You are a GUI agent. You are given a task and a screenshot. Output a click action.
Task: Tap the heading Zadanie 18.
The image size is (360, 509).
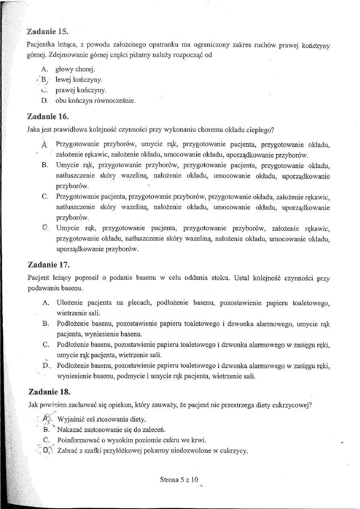[50, 391]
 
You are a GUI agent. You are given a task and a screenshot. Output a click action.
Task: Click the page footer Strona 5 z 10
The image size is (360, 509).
[179, 480]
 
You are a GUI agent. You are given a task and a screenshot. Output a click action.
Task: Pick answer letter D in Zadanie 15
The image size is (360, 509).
[45, 101]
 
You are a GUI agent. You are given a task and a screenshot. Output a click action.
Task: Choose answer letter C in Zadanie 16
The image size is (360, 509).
[45, 197]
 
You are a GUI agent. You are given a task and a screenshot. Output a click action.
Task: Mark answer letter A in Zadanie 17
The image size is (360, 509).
[46, 302]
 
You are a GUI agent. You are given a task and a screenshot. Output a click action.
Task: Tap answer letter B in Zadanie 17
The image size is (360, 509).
[45, 323]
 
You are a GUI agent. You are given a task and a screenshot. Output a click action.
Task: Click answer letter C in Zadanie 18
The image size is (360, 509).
[46, 440]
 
